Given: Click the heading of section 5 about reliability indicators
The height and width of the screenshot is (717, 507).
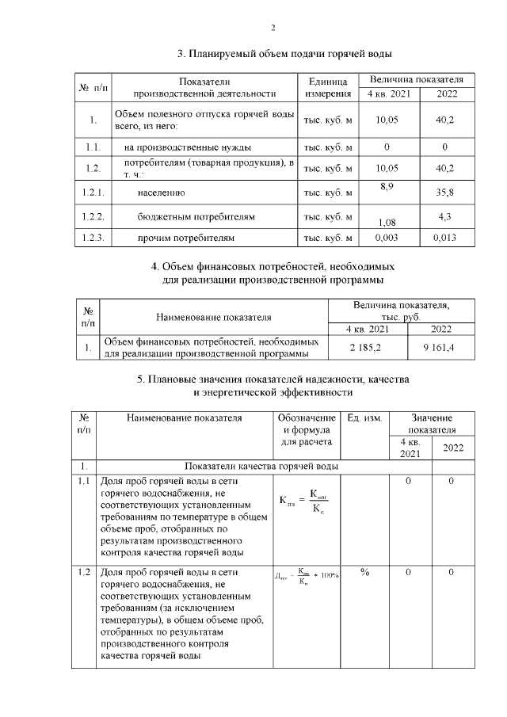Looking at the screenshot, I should [x=273, y=386].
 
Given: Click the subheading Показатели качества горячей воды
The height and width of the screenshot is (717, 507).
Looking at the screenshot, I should [x=261, y=466].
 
